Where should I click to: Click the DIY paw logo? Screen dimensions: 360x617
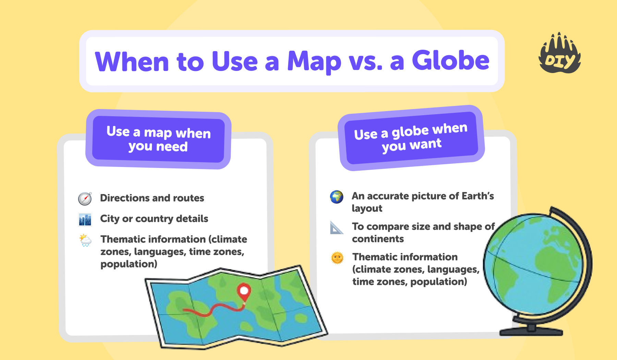pyautogui.click(x=559, y=55)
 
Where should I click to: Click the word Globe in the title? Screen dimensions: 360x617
pyautogui.click(x=450, y=61)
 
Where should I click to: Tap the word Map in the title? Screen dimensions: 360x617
pyautogui.click(x=314, y=62)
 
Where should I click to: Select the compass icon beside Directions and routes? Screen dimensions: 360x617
pyautogui.click(x=85, y=199)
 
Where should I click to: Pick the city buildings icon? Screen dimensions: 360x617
pyautogui.click(x=85, y=219)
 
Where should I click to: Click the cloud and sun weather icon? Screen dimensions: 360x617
pyautogui.click(x=85, y=240)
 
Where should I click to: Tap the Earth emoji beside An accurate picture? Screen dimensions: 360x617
pyautogui.click(x=337, y=197)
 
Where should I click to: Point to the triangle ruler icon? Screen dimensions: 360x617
pyautogui.click(x=336, y=228)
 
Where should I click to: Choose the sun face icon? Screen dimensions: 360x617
pyautogui.click(x=337, y=258)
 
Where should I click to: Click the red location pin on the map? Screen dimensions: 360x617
pyautogui.click(x=244, y=291)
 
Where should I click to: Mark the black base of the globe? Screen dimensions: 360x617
pyautogui.click(x=531, y=331)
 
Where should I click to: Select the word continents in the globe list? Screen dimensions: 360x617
pyautogui.click(x=378, y=239)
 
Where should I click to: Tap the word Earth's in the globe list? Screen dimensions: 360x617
pyautogui.click(x=477, y=196)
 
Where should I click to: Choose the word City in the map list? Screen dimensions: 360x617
pyautogui.click(x=110, y=219)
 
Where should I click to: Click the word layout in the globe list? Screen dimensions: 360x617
pyautogui.click(x=367, y=208)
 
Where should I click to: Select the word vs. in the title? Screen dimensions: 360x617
pyautogui.click(x=365, y=62)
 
